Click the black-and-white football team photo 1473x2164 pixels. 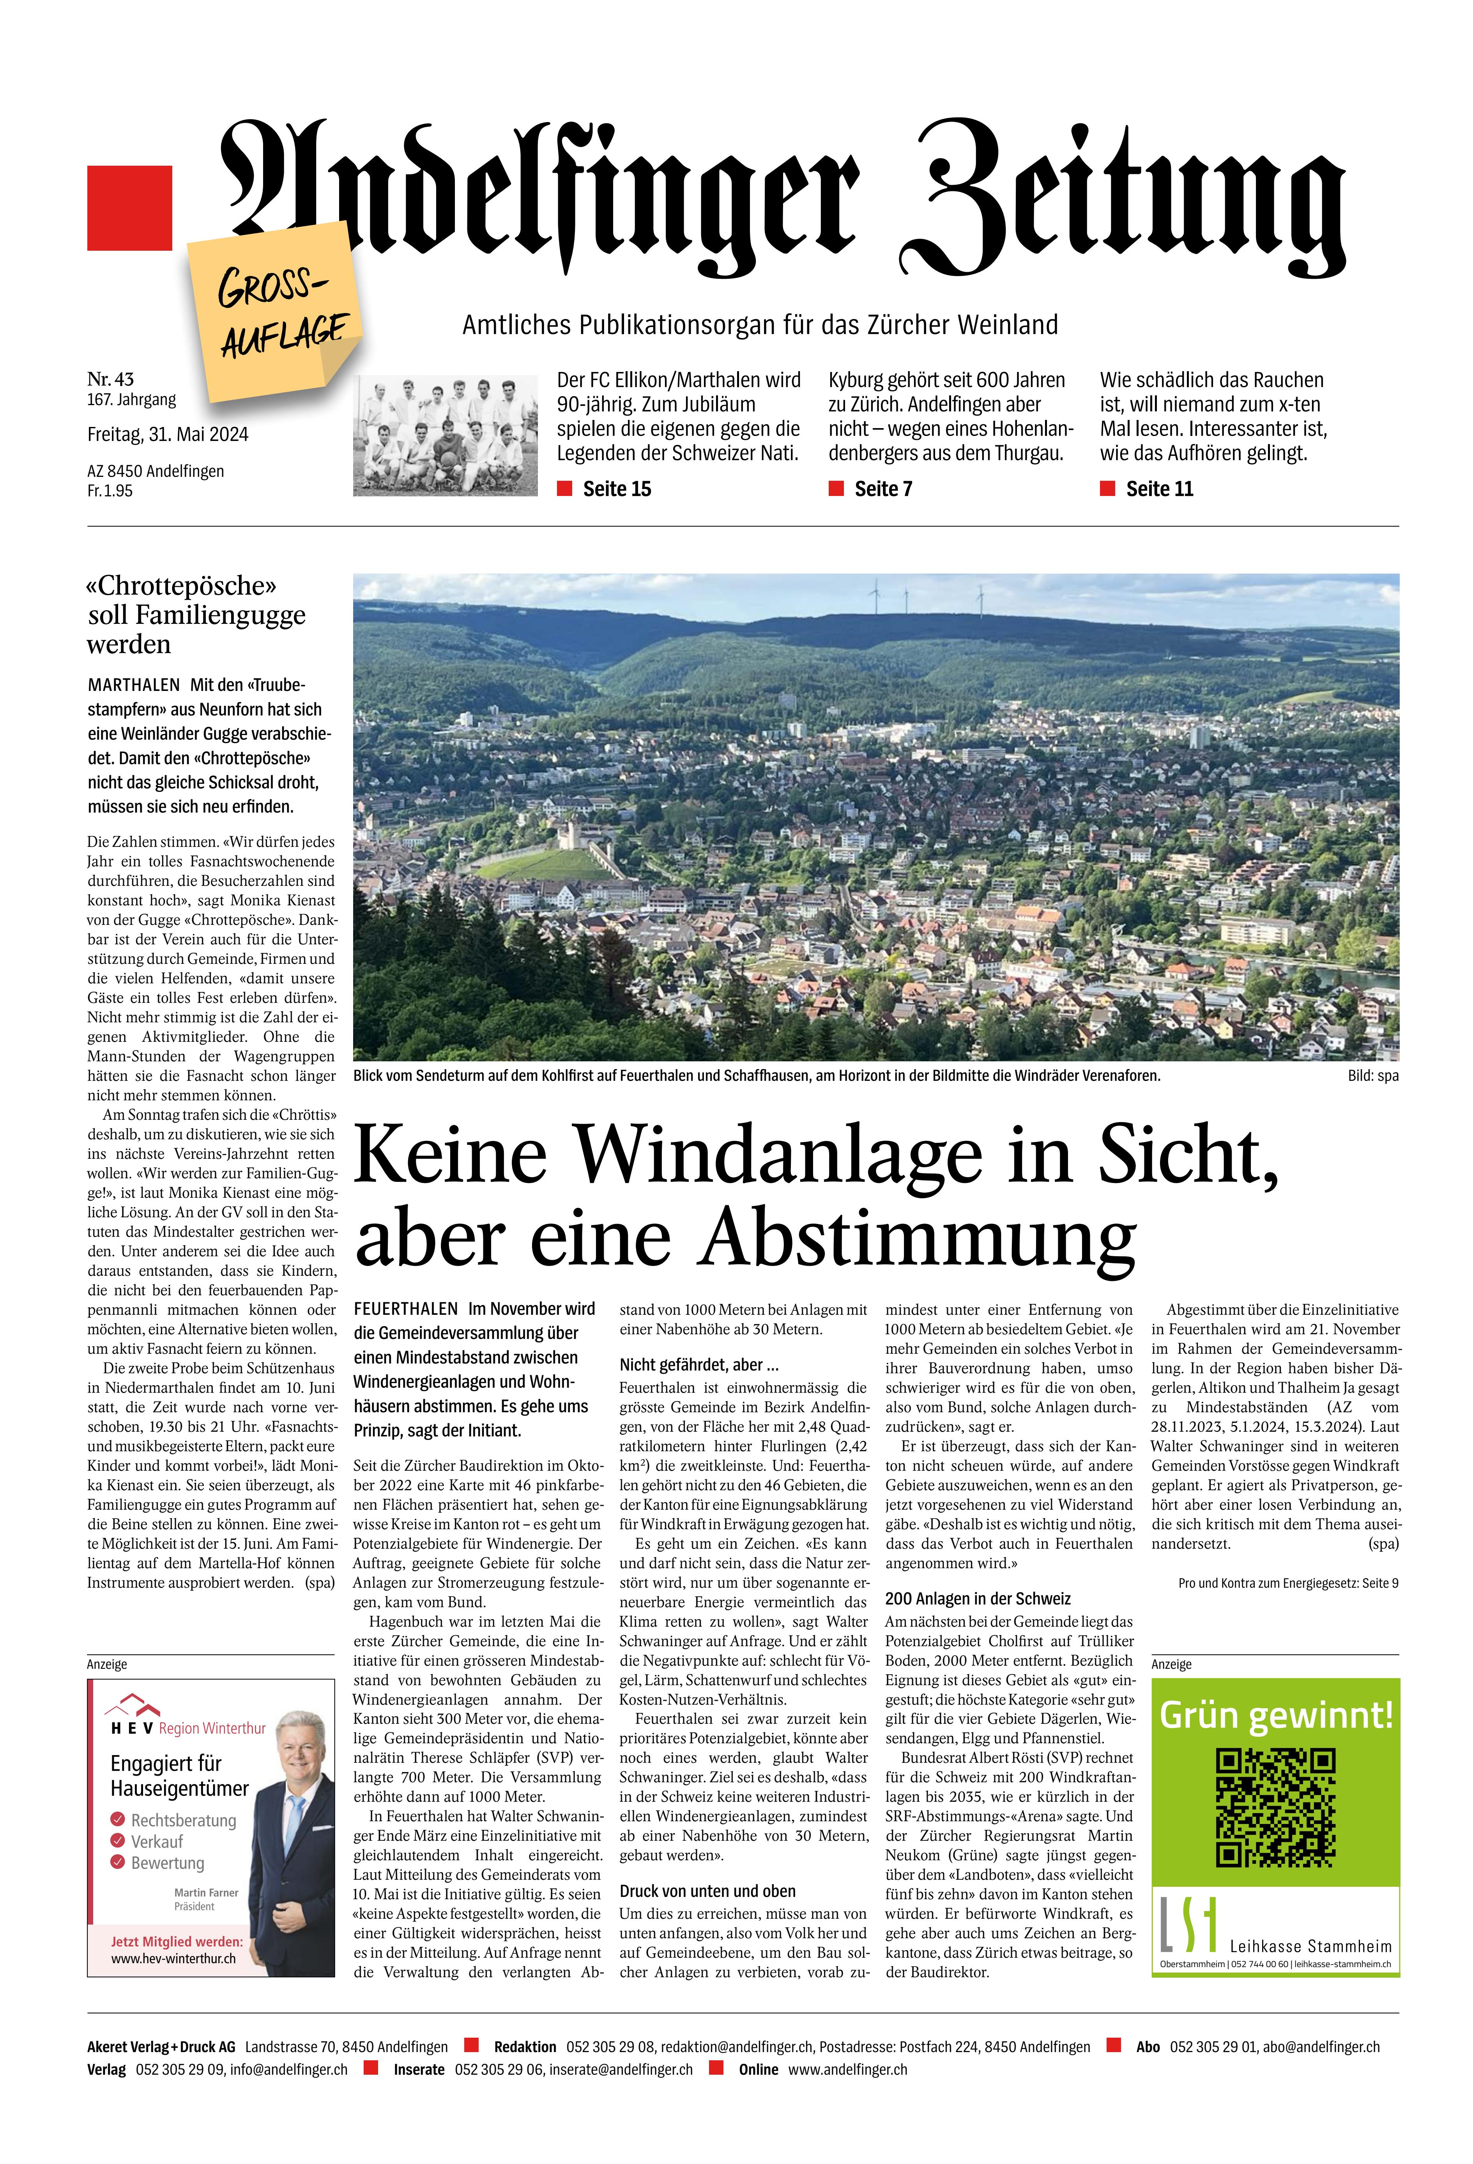click(x=445, y=434)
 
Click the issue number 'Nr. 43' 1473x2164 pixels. click(x=111, y=379)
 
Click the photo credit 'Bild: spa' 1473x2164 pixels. click(x=1372, y=1077)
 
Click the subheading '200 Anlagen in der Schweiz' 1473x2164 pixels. click(x=978, y=1599)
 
